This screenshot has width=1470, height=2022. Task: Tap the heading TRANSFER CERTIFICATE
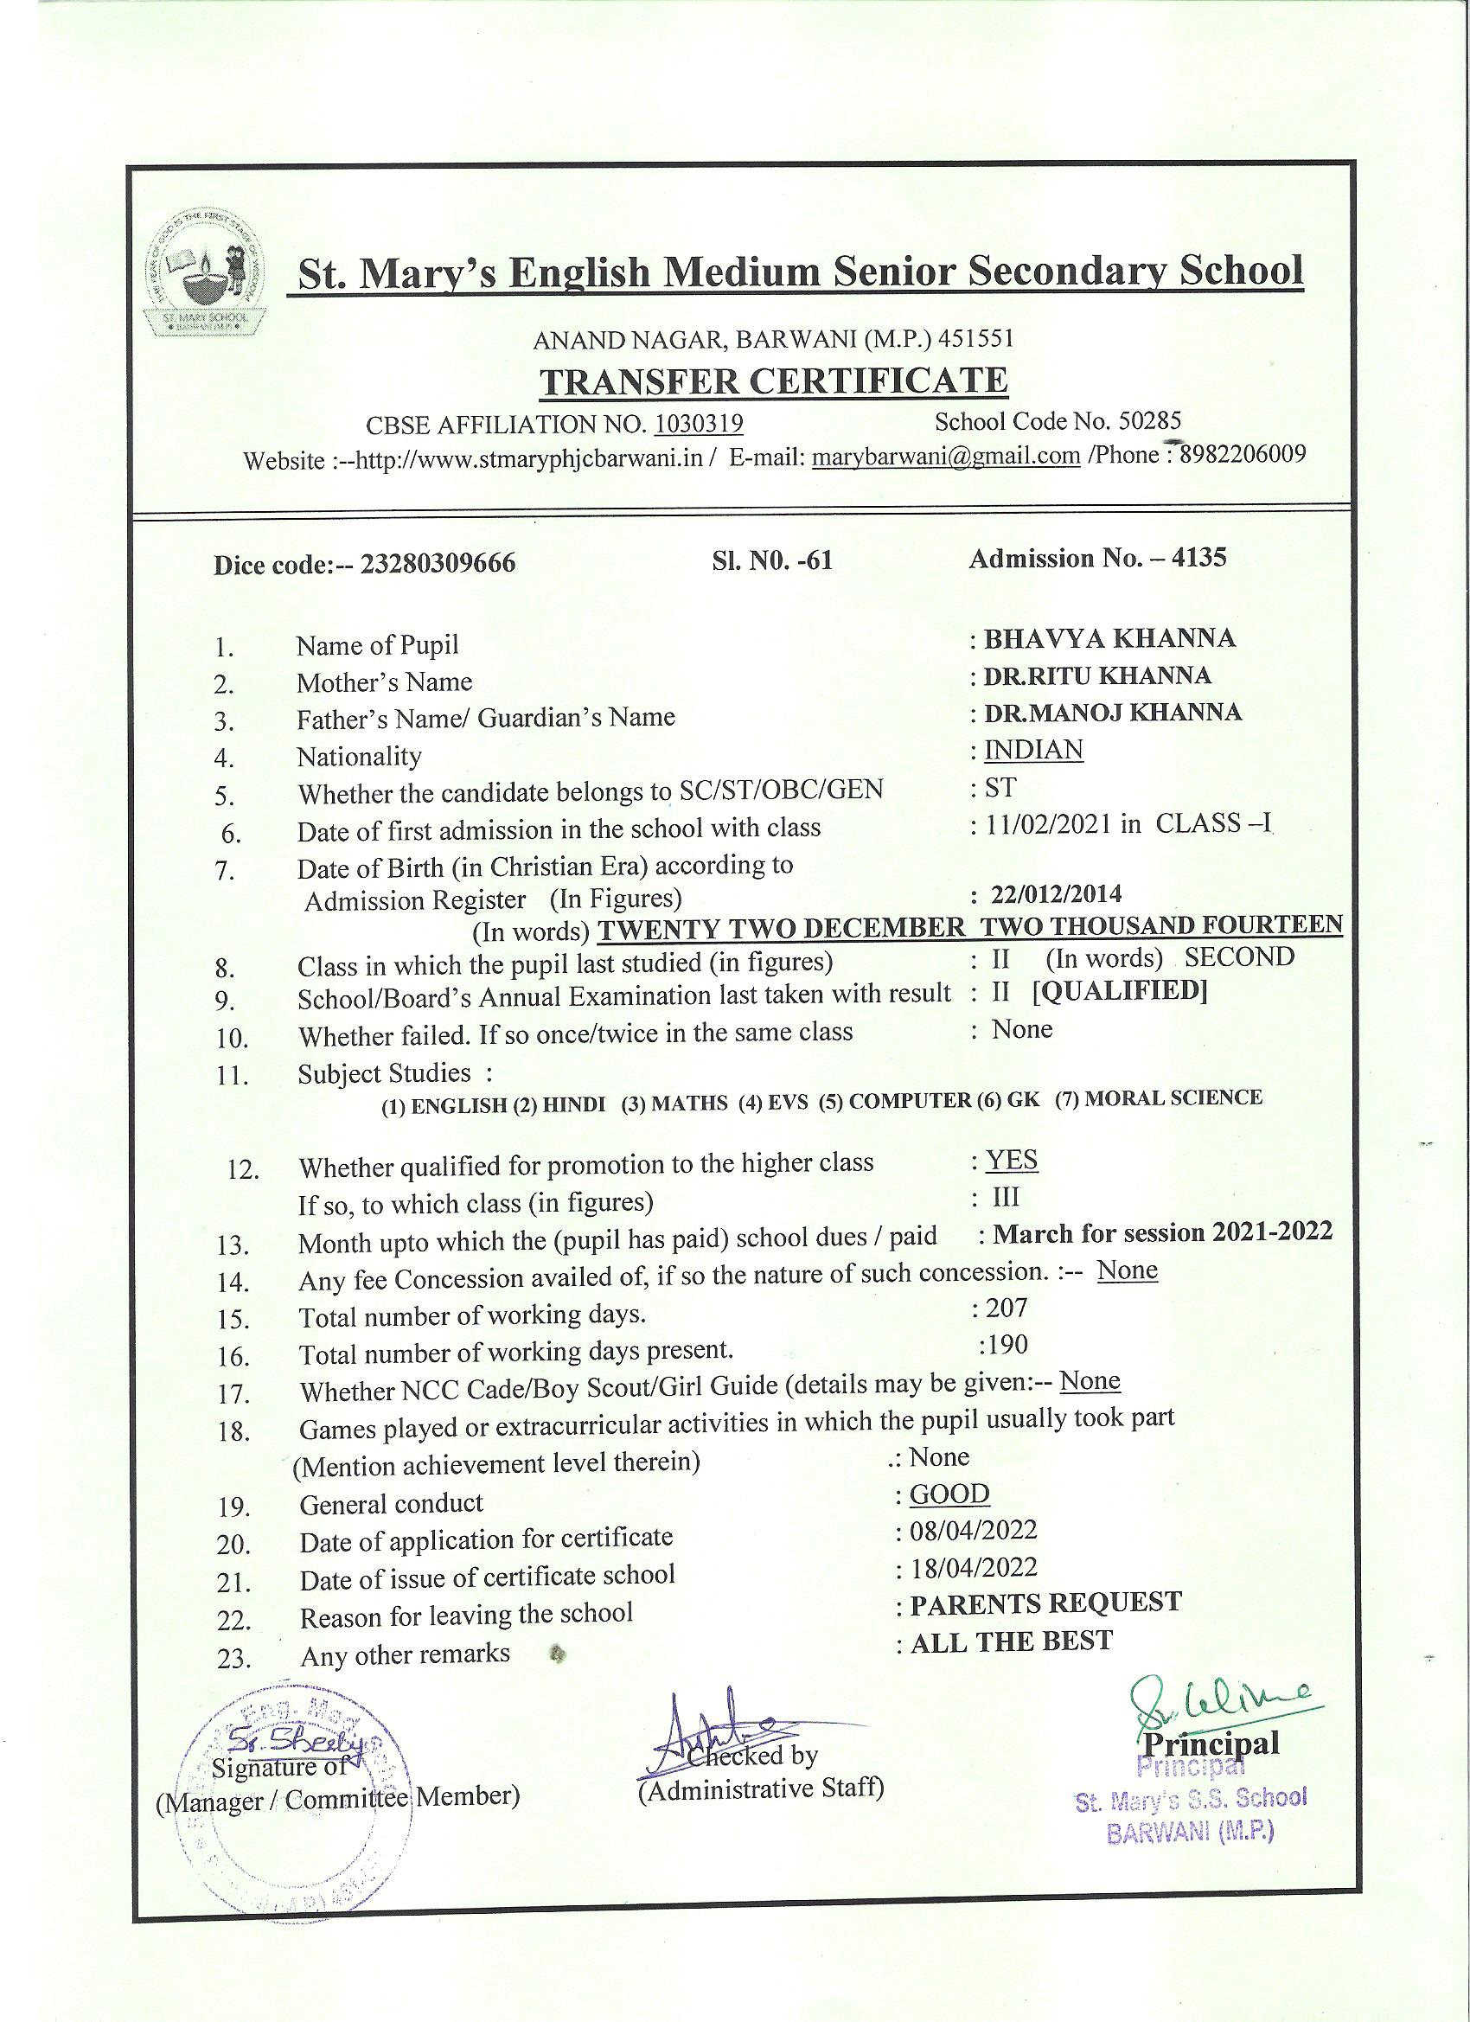point(774,381)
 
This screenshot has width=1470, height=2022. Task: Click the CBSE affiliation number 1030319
point(699,424)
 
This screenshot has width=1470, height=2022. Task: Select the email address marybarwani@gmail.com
point(948,457)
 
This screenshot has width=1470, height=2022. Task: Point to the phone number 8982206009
point(1243,455)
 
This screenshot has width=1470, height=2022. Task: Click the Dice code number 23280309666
point(438,565)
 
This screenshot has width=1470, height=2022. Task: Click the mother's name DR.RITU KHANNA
point(1097,675)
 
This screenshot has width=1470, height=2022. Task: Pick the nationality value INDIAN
point(1033,750)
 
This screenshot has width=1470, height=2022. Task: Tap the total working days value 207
point(1007,1308)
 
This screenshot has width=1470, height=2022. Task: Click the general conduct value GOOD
point(949,1494)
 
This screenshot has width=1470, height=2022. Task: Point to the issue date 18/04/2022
point(974,1567)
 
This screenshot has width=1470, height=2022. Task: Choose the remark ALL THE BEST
point(1012,1641)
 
